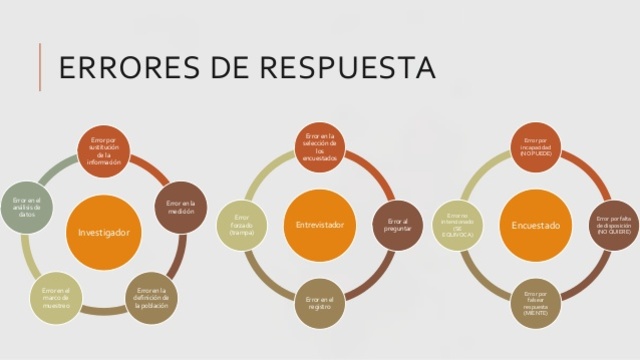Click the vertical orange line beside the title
point(40,67)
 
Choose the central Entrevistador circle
point(320,225)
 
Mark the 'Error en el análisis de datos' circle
point(27,206)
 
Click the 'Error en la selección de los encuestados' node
point(320,146)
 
